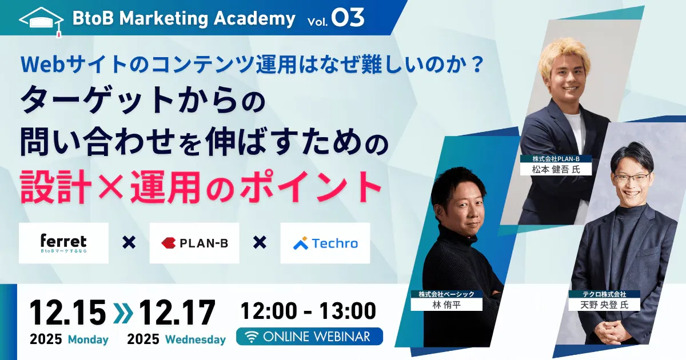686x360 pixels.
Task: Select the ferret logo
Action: pyautogui.click(x=63, y=243)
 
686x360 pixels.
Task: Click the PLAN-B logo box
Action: pyautogui.click(x=194, y=243)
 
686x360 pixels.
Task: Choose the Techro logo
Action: pyautogui.click(x=325, y=243)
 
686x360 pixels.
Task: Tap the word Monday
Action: pyautogui.click(x=88, y=340)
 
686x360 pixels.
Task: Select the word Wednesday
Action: pyautogui.click(x=196, y=340)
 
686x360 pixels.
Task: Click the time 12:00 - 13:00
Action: pyautogui.click(x=308, y=312)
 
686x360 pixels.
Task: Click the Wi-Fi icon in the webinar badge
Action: pyautogui.click(x=252, y=337)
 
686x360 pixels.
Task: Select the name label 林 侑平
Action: pyautogui.click(x=446, y=304)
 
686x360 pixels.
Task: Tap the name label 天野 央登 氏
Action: pyautogui.click(x=604, y=304)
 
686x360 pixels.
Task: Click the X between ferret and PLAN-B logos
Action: pyautogui.click(x=129, y=243)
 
